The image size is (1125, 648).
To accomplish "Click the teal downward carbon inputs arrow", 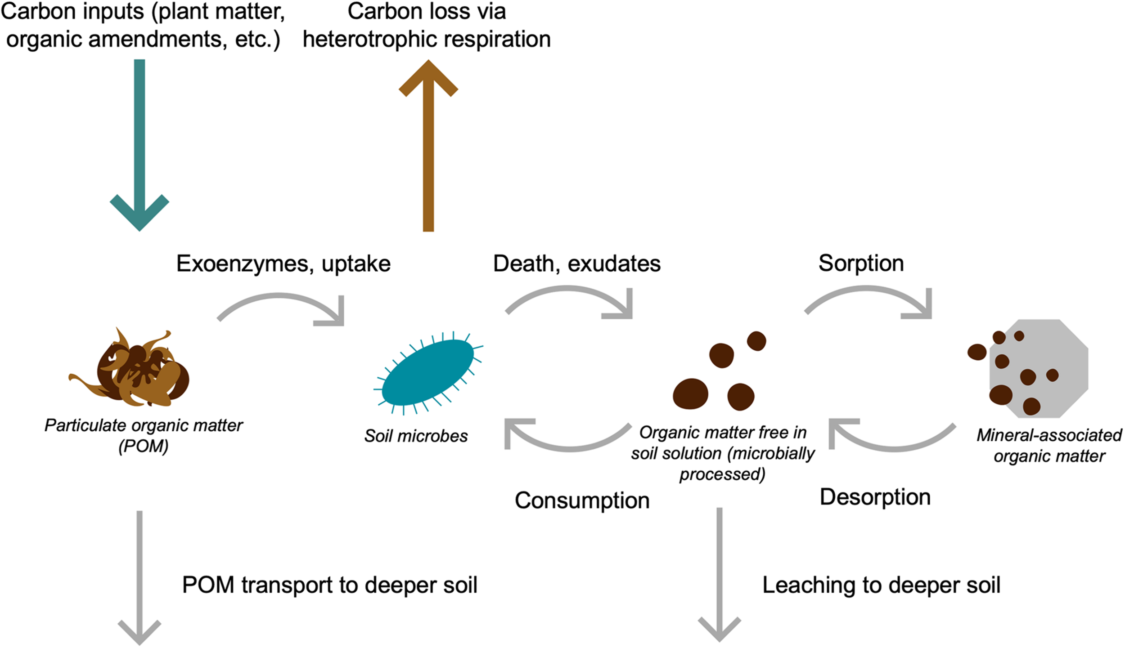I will click(x=139, y=144).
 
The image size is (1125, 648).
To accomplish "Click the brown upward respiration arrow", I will click(x=428, y=148).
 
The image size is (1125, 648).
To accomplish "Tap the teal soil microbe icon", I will click(x=427, y=372).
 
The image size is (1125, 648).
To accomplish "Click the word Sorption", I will click(x=861, y=263).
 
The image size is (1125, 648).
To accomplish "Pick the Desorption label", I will click(x=875, y=497).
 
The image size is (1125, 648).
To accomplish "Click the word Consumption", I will click(x=582, y=501).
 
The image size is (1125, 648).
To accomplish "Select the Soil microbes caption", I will click(x=416, y=436).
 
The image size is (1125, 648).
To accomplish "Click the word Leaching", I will click(x=808, y=585).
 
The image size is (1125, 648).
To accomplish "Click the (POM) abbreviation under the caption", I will click(x=143, y=446).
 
